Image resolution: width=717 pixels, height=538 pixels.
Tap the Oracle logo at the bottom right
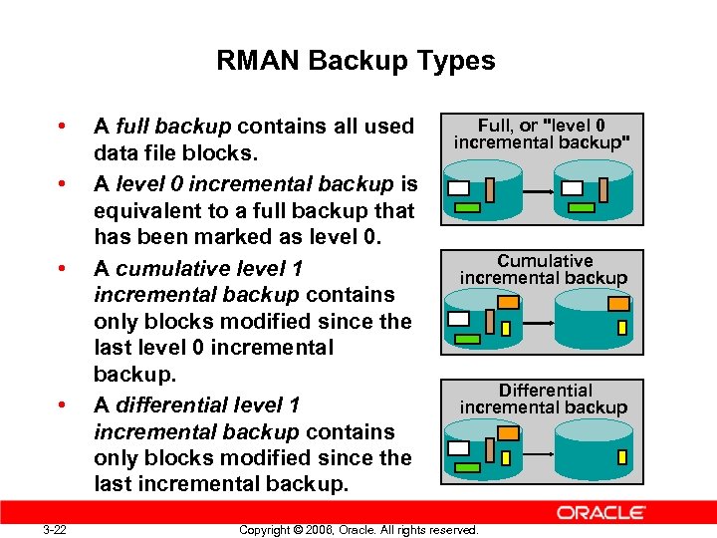point(601,513)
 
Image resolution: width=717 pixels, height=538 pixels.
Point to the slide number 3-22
point(55,529)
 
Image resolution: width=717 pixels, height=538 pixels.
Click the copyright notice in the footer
point(358,529)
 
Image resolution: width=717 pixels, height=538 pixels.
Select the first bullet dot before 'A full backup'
point(62,128)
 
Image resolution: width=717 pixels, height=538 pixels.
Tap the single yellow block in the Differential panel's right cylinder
point(622,457)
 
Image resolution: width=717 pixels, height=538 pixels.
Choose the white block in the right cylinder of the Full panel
point(572,187)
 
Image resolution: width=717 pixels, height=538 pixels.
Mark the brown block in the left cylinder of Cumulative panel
point(490,320)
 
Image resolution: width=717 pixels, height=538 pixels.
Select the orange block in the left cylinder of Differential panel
point(508,433)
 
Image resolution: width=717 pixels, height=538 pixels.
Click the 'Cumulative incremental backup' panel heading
point(544,270)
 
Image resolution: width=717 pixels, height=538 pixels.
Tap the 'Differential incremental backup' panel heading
point(544,400)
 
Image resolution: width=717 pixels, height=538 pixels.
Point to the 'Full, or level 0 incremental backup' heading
point(542,134)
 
